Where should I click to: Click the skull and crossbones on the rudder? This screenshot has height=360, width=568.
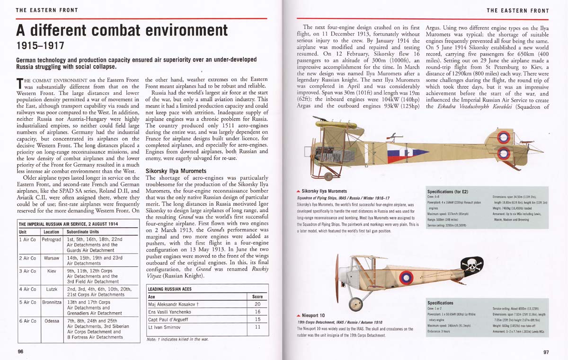coord(472,266)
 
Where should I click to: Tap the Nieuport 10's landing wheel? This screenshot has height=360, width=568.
coord(355,303)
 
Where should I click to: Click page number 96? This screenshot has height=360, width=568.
coord(20,351)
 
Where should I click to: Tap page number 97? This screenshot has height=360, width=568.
coord(546,351)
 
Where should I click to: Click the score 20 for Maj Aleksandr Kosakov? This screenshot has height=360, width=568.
coord(257,304)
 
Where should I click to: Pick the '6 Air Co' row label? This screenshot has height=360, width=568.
coord(27,321)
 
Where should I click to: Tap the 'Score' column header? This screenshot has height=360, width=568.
coord(257,297)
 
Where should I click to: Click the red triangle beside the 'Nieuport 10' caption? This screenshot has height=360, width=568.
coord(298,315)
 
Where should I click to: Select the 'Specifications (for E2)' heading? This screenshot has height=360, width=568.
coord(447,192)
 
